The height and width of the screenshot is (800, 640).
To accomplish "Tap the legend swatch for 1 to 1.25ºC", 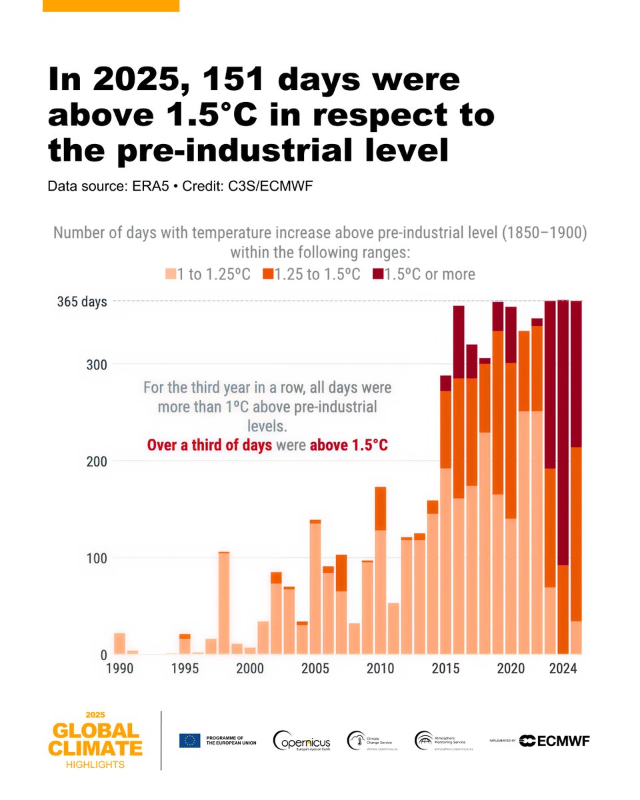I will pos(171,274).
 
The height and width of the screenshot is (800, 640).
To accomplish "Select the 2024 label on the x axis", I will pos(563,668).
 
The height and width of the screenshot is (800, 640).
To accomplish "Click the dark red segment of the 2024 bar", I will pos(563,433).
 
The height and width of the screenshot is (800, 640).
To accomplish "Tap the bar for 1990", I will pos(120,644).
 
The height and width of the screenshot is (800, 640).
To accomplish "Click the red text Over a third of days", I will pos(209,445).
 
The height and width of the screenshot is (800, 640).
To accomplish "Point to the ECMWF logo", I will pos(555,741).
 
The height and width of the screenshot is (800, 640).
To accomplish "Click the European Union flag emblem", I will pos(189,741).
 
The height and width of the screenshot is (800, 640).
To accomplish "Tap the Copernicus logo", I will pos(301,741).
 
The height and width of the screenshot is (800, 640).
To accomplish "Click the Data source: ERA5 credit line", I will pos(180,186).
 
